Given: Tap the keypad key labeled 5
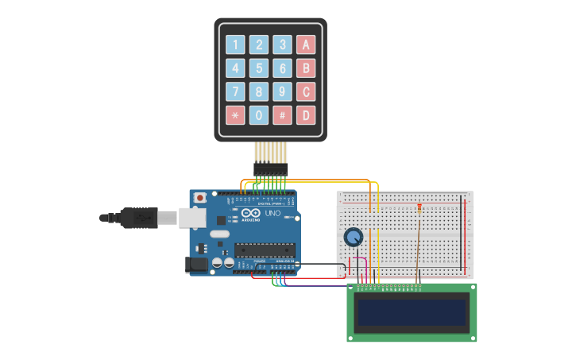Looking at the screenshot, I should click(x=259, y=68).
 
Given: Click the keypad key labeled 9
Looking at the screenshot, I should click(x=283, y=91).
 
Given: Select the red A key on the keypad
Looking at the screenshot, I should click(x=306, y=45).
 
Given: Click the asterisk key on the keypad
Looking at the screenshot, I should click(x=235, y=115).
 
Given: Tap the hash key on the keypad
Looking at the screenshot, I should click(x=283, y=115).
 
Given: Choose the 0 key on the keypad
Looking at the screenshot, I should click(x=259, y=115).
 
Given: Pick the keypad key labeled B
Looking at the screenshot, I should click(x=306, y=68).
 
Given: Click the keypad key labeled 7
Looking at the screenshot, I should click(x=235, y=91).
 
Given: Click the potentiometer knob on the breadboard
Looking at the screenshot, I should click(x=354, y=237).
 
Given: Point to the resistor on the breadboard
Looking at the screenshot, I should click(x=419, y=209).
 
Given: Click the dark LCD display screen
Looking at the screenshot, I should click(x=412, y=312).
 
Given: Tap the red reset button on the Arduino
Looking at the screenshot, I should click(x=200, y=197).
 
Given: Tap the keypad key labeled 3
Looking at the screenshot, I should click(x=283, y=45).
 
